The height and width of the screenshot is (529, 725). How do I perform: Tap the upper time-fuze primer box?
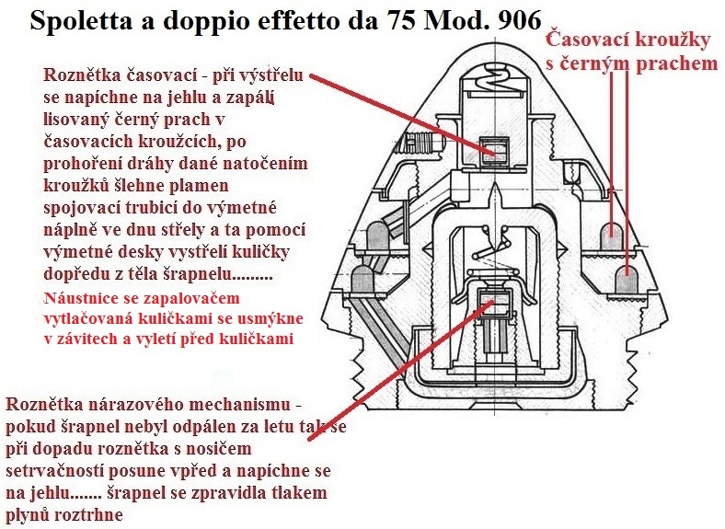point(494,151)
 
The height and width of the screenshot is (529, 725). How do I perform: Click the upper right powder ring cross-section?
point(611,234)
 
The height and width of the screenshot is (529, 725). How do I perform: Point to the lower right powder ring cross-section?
point(626,279)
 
